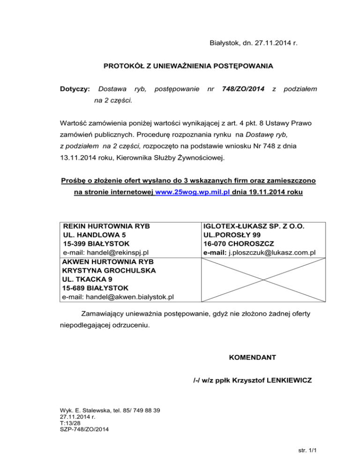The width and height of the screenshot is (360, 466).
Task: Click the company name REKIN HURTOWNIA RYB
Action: pyautogui.click(x=106, y=226)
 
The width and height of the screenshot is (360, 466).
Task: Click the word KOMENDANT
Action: pyautogui.click(x=252, y=358)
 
